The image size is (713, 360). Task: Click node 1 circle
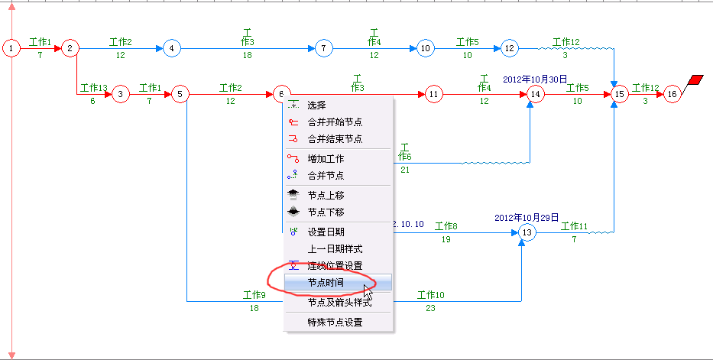[11, 49]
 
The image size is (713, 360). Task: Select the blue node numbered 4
[170, 49]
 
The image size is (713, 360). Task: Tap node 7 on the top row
[325, 49]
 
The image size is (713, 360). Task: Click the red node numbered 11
[433, 95]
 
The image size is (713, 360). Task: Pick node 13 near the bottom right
[526, 232]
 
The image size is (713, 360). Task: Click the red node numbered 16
[672, 94]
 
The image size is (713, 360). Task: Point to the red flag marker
[695, 80]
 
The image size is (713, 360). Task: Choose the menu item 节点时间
[326, 283]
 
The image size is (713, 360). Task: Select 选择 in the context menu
[316, 105]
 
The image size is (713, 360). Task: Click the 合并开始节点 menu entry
[335, 122]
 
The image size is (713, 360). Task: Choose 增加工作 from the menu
[326, 159]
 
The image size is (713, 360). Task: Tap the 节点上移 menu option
[326, 196]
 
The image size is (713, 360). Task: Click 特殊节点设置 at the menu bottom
[335, 323]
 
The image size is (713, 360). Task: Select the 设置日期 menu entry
[326, 232]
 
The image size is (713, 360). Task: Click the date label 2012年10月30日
[535, 79]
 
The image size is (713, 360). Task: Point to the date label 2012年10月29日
[527, 217]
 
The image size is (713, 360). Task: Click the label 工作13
[94, 88]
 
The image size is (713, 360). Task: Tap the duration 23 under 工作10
[430, 309]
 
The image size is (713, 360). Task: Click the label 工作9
[254, 295]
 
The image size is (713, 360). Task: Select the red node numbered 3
[121, 95]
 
